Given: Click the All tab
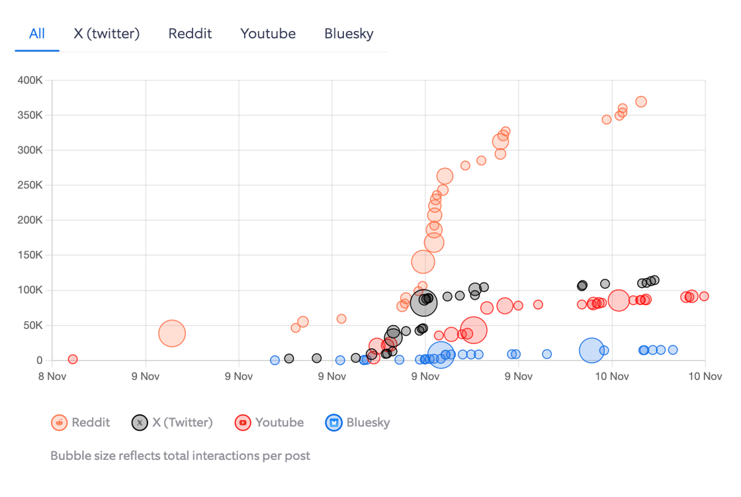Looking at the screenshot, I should [x=37, y=34].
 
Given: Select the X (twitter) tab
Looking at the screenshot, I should [x=107, y=34].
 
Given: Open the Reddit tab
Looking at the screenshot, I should [x=190, y=34].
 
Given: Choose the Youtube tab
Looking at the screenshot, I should [x=268, y=34].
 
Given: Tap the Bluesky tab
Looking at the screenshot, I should [x=349, y=34].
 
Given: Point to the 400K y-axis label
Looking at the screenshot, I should [x=30, y=81].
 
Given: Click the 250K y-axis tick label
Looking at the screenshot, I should [x=30, y=185].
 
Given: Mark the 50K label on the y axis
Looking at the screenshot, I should [x=32, y=326].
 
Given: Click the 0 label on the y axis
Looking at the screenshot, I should [x=40, y=361].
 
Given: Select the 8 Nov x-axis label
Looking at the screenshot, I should [x=52, y=377].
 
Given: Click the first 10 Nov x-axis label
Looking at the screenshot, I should [x=612, y=377].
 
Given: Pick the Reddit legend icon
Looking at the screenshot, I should [x=60, y=422].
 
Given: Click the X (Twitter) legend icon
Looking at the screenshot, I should [x=140, y=422].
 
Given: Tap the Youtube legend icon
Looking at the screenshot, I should [x=243, y=422].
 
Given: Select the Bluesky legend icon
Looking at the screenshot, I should [x=333, y=422].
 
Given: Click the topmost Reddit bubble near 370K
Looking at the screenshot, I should [x=640, y=102].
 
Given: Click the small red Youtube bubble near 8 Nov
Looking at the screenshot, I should [x=73, y=359].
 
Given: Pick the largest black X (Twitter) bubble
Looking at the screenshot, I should [x=424, y=302].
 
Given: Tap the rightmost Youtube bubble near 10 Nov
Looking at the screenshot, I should [x=704, y=296].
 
